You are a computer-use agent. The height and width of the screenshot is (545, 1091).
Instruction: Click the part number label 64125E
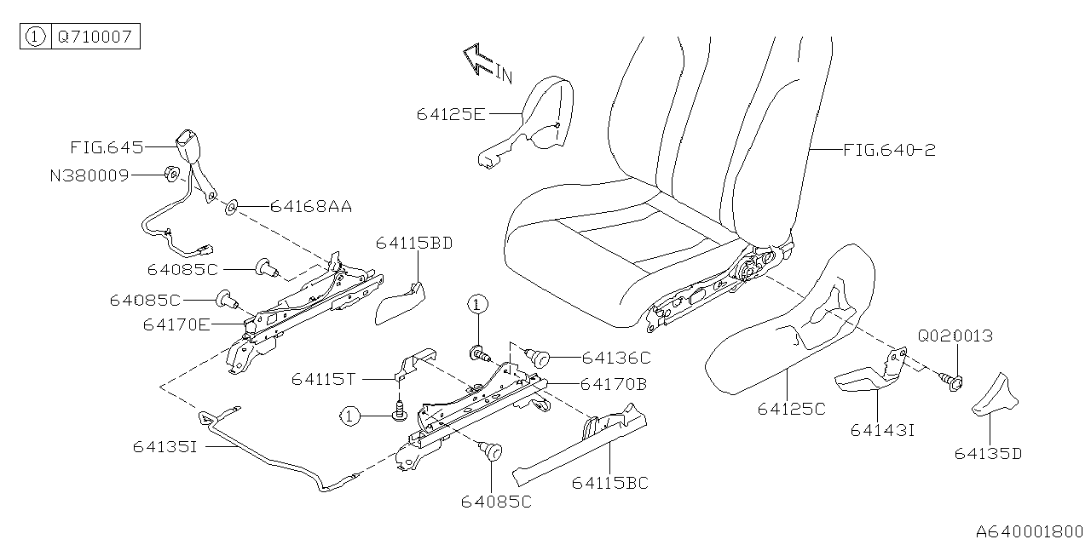tap(451, 113)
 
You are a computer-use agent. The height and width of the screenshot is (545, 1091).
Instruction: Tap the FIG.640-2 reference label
tap(889, 151)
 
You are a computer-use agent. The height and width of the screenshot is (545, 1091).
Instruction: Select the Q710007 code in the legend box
tap(94, 37)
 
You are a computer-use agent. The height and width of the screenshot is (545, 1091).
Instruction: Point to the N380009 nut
tap(171, 175)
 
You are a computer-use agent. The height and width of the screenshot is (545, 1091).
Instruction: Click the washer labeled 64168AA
tap(232, 206)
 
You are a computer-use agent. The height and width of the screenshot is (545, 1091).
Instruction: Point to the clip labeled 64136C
tap(538, 358)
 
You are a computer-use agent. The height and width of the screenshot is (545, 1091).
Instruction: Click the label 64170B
tap(613, 384)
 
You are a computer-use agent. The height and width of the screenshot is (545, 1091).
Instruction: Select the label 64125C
tap(791, 409)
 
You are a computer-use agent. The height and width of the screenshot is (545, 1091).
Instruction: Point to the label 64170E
tap(176, 324)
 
